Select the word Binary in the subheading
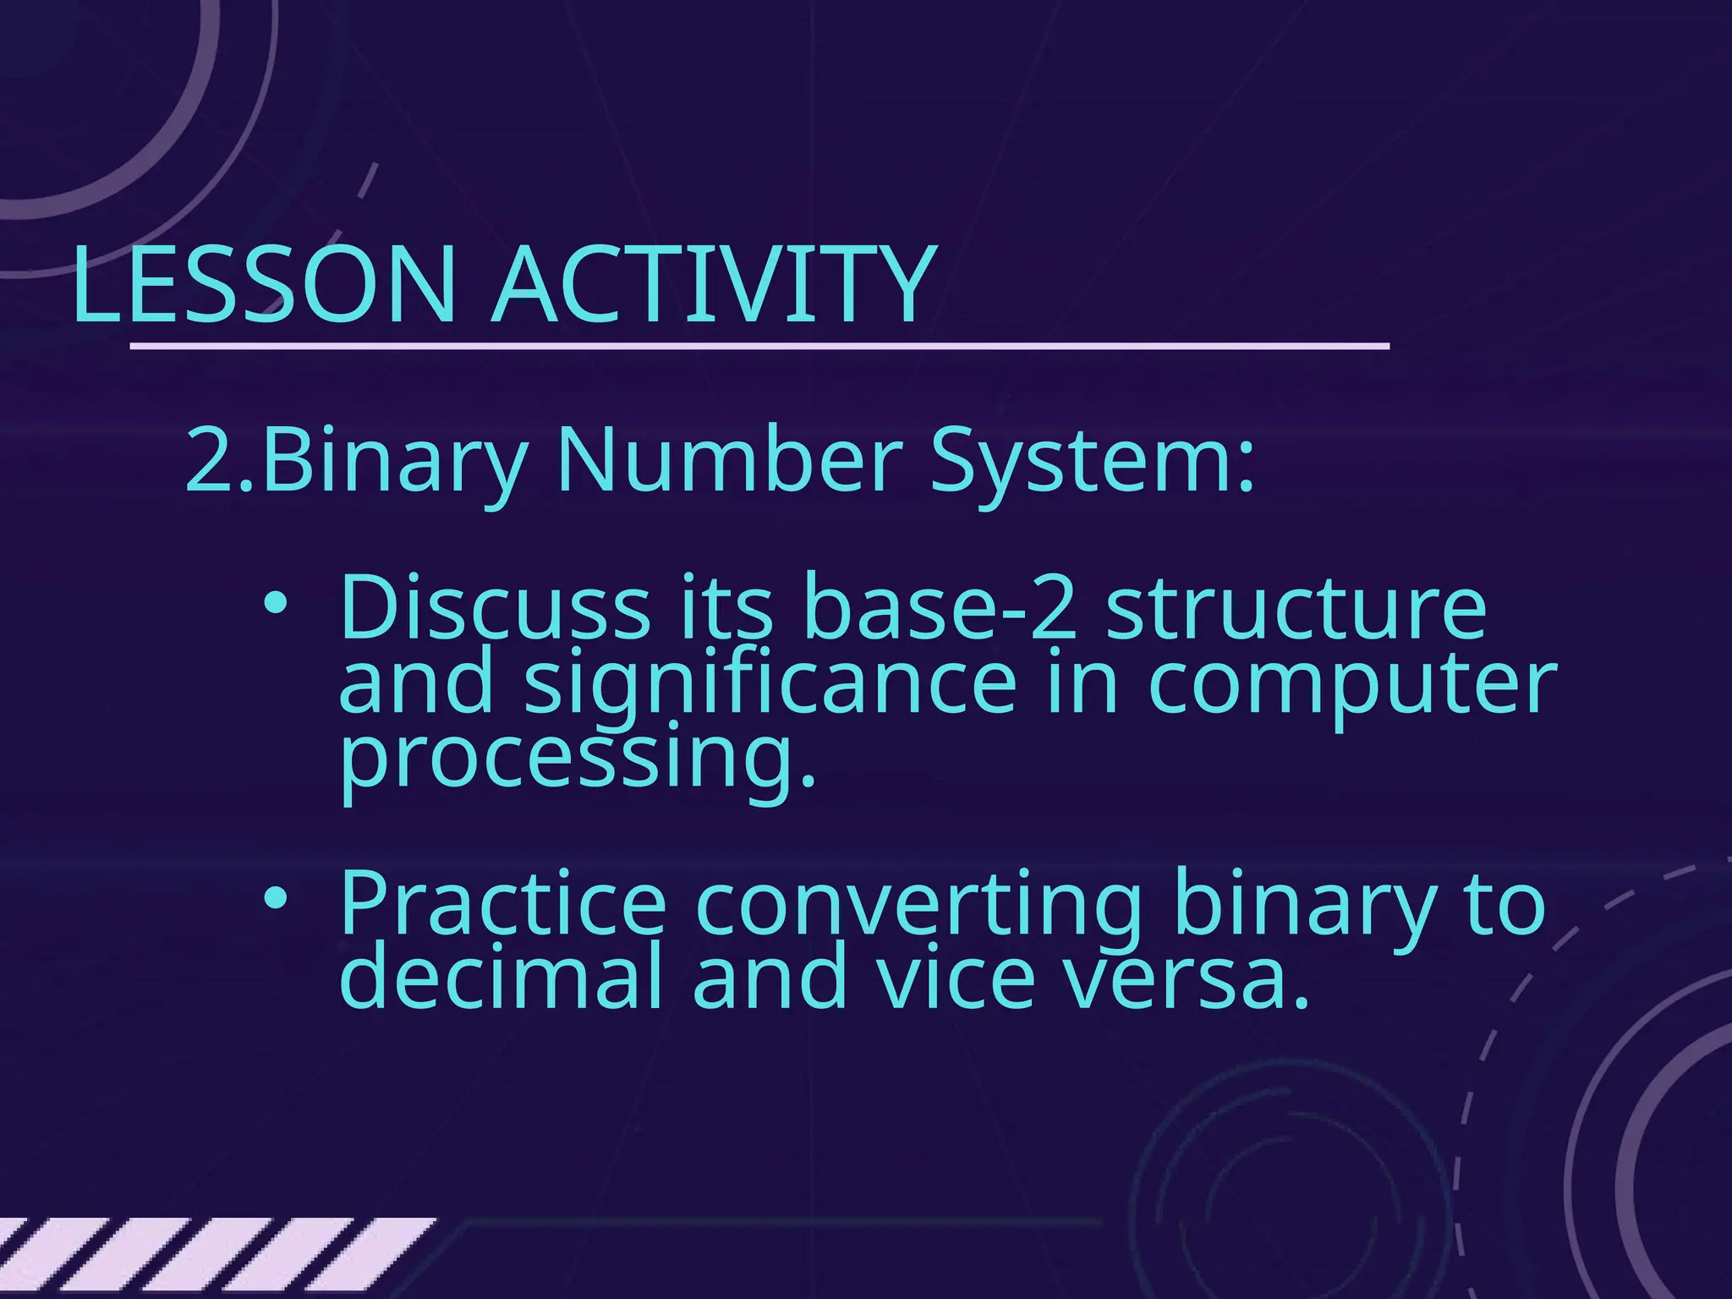(393, 461)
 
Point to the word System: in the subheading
(1092, 461)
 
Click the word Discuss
(495, 607)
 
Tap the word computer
(1352, 683)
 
